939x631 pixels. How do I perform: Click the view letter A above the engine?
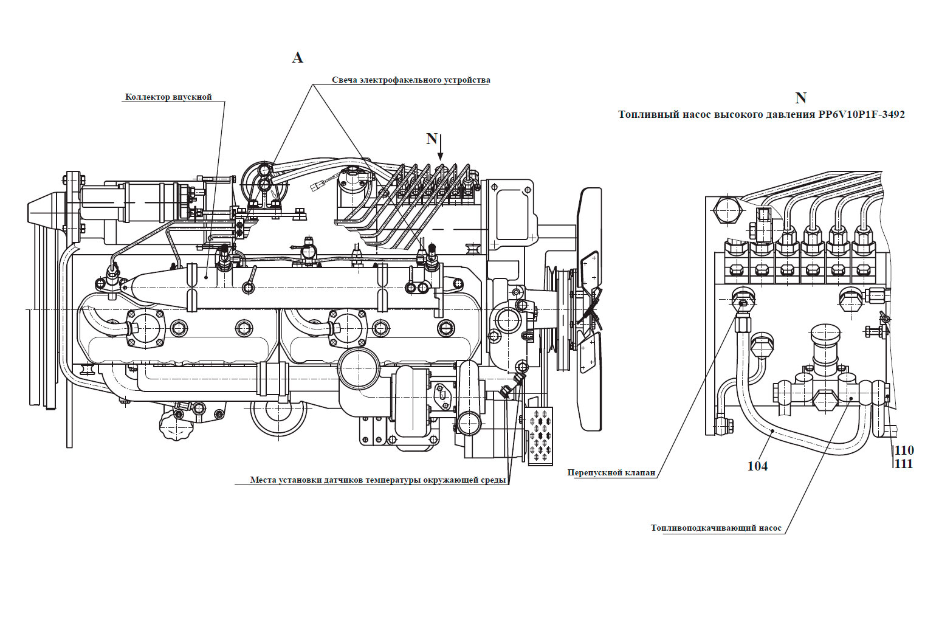(297, 58)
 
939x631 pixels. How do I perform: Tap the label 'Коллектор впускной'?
(168, 97)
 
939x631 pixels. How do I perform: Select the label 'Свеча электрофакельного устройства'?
(411, 80)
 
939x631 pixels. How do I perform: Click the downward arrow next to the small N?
(440, 147)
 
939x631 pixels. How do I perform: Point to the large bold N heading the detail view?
(800, 98)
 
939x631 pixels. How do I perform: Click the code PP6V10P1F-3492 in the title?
(861, 114)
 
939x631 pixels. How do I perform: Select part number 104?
(757, 466)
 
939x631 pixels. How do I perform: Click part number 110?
(904, 450)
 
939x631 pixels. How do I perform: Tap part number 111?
(904, 464)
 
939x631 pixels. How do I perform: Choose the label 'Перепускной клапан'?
(611, 473)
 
